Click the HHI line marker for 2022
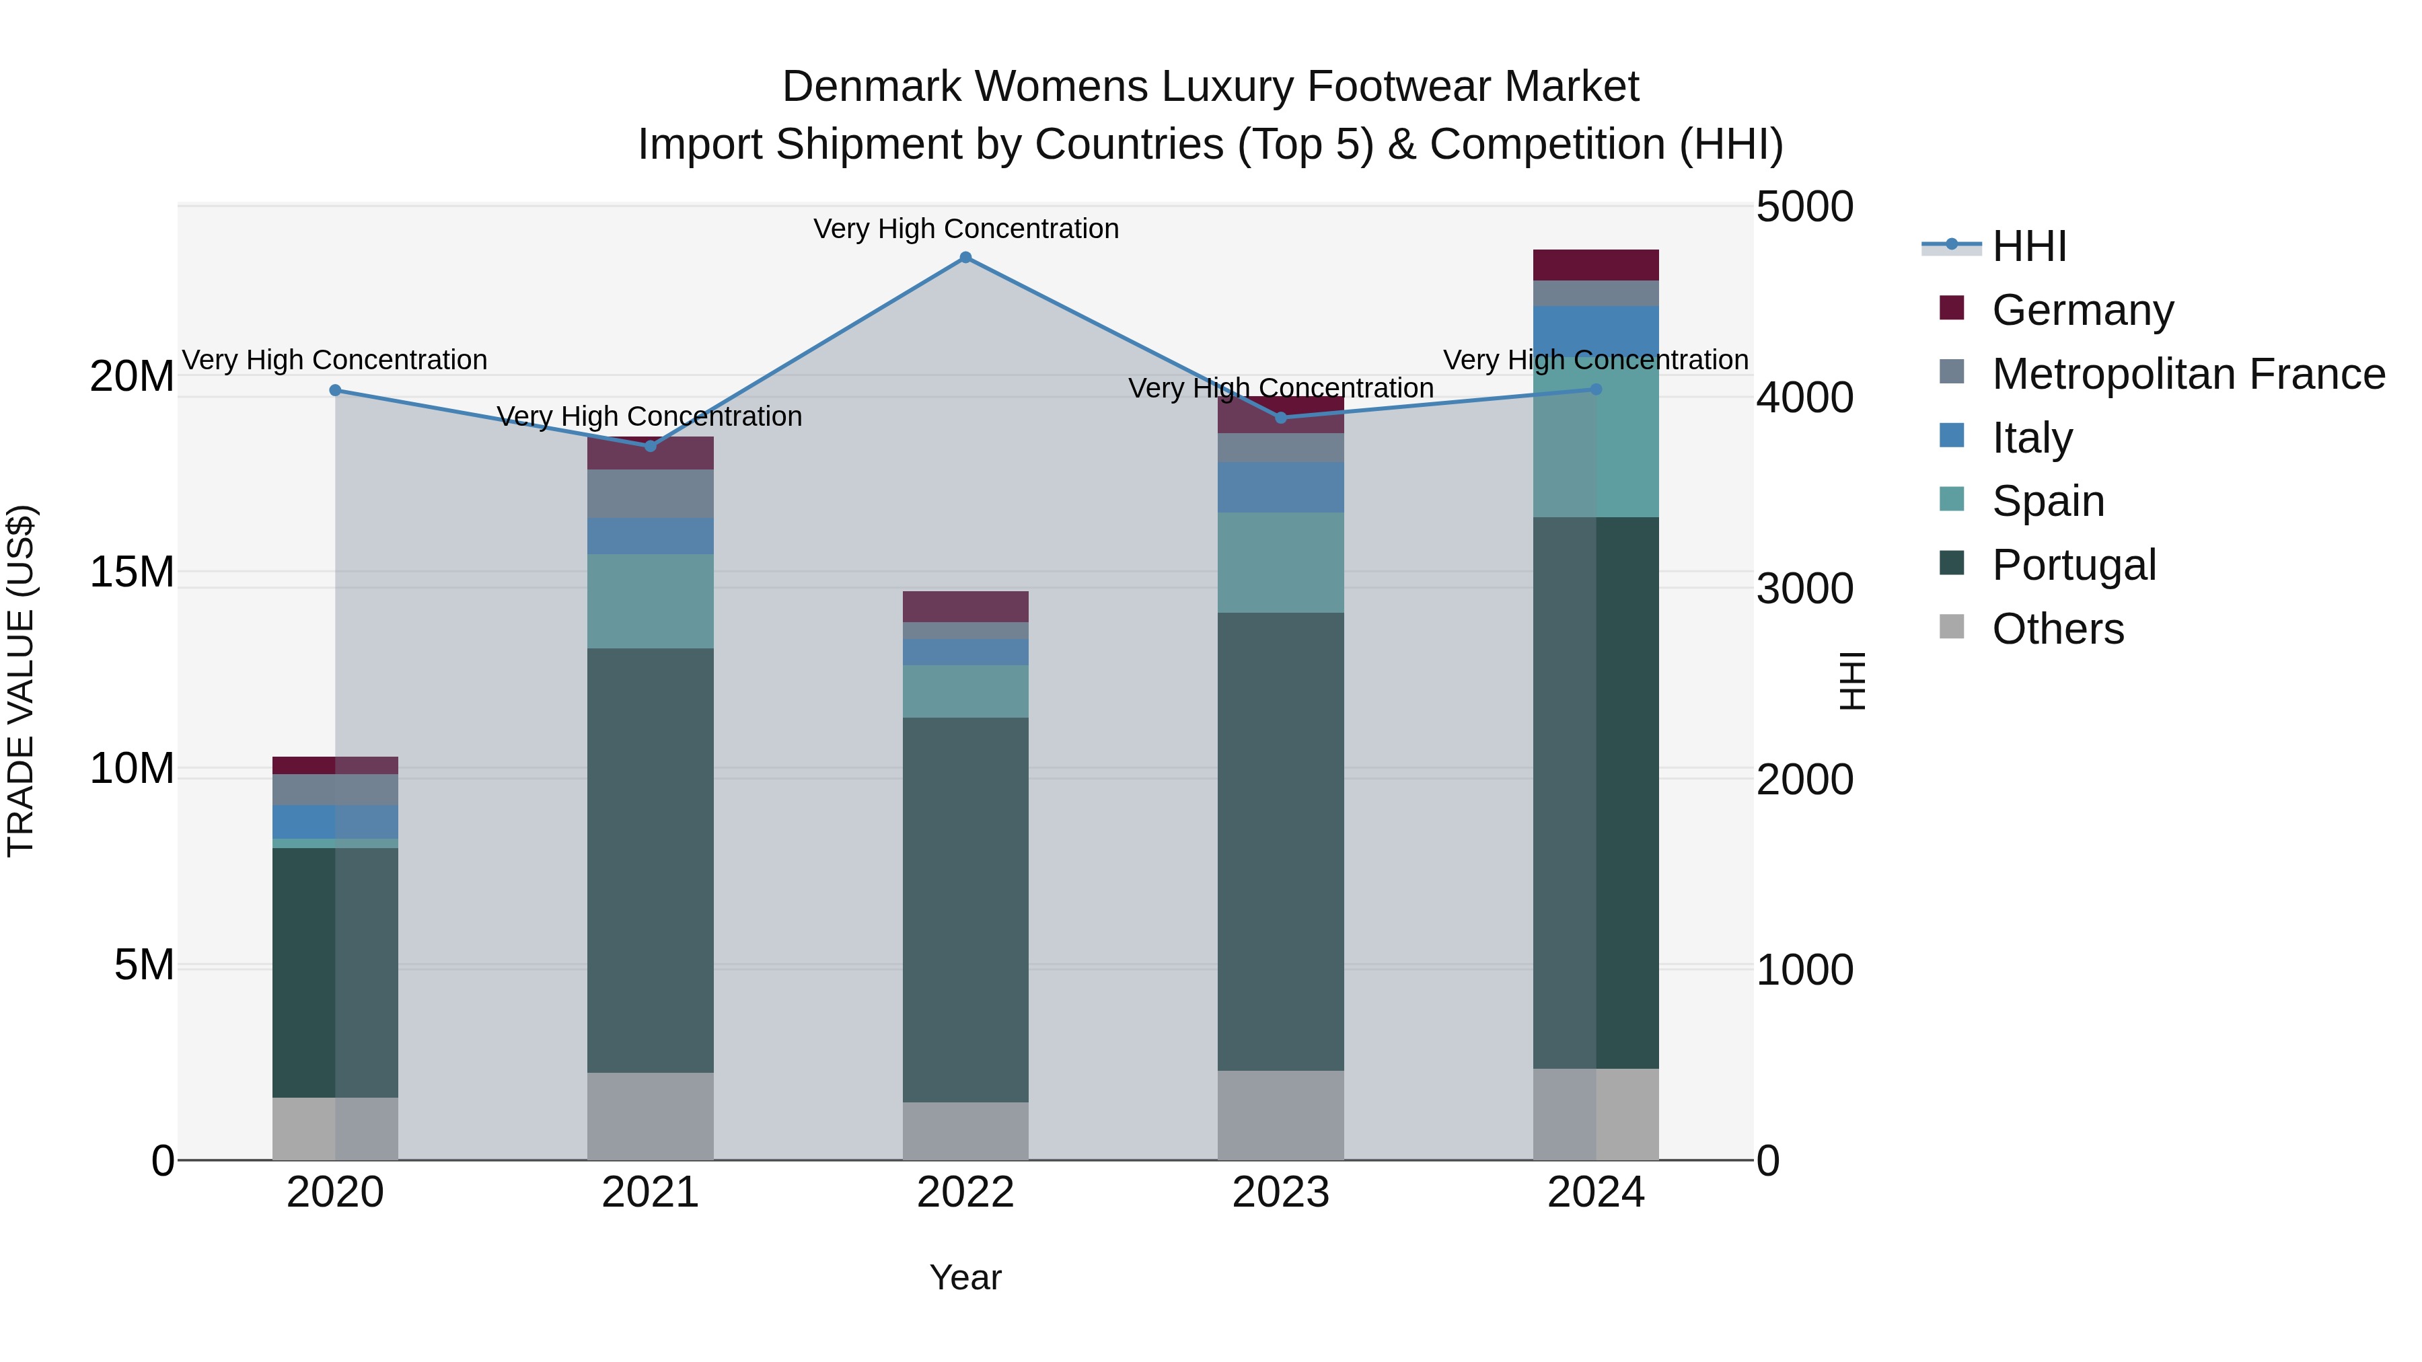[x=965, y=258]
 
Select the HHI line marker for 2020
[x=336, y=390]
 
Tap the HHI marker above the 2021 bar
[x=651, y=445]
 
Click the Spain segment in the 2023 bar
[x=1280, y=562]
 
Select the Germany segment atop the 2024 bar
[x=1596, y=265]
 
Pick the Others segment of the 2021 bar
[x=651, y=1116]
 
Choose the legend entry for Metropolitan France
[x=2188, y=374]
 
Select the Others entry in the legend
[x=2057, y=629]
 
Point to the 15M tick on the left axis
[x=132, y=572]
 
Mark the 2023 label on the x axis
[x=1280, y=1193]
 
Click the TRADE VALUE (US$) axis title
[x=22, y=681]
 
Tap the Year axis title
[x=965, y=1277]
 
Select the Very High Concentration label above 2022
[x=965, y=229]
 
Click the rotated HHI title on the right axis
[x=1851, y=681]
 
